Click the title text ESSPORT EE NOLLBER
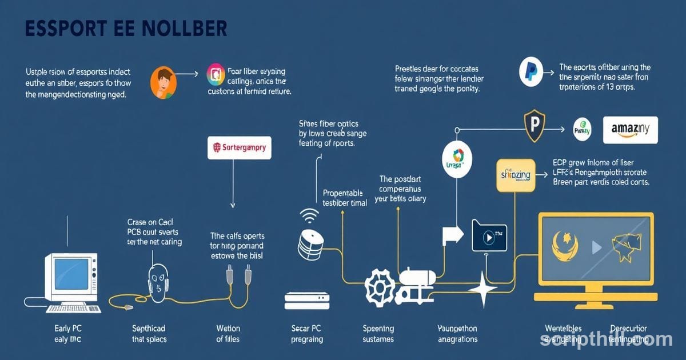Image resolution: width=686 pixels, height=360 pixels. [x=126, y=29]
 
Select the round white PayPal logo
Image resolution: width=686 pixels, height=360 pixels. [x=531, y=72]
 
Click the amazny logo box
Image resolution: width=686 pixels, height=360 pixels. [x=631, y=130]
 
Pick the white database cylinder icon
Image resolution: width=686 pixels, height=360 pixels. [x=311, y=242]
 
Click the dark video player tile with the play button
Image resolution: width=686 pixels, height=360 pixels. [x=489, y=235]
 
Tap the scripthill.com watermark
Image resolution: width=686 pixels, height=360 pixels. [x=606, y=339]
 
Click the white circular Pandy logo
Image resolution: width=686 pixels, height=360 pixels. [x=582, y=130]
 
